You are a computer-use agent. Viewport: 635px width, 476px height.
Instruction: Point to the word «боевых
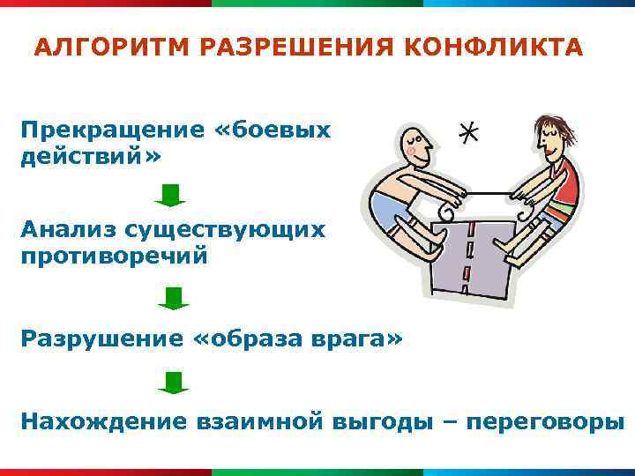click(273, 130)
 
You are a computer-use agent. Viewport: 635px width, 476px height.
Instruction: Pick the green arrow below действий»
click(169, 195)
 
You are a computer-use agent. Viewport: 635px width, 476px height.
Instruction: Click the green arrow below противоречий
click(174, 298)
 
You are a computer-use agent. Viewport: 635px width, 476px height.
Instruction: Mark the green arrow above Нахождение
click(174, 382)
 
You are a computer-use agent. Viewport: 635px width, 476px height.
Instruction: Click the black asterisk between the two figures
click(470, 133)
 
